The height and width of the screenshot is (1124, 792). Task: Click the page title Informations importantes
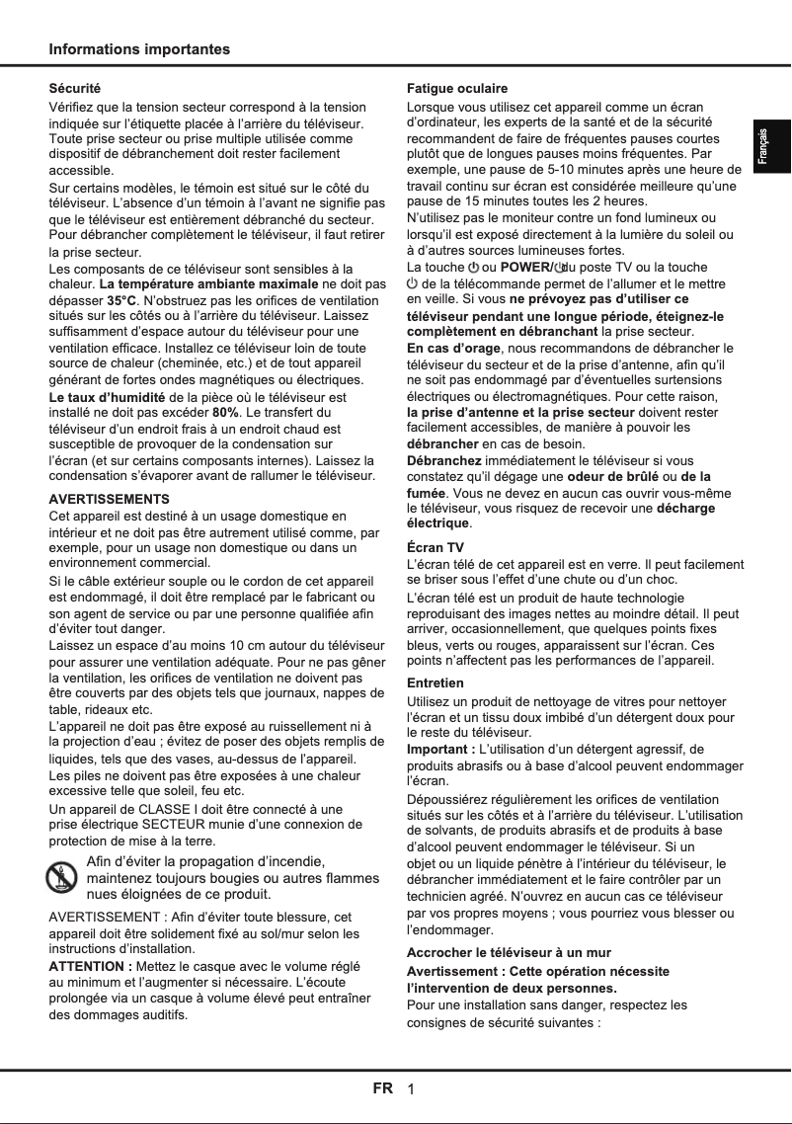(139, 49)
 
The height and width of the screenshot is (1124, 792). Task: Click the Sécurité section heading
(75, 89)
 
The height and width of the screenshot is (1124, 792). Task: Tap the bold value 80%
(226, 412)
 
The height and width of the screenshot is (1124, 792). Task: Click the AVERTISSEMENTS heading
(109, 499)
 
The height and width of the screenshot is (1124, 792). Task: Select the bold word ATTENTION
(90, 966)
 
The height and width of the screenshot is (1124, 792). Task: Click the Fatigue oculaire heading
(457, 89)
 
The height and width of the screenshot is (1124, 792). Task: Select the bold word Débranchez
(443, 461)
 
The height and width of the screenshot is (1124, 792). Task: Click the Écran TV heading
(436, 547)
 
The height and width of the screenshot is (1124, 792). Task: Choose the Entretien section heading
(436, 682)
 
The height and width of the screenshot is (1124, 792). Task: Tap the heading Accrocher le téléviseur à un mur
(509, 952)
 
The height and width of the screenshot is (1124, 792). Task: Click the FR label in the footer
(383, 1088)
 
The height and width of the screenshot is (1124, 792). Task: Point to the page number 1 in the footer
(411, 1089)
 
